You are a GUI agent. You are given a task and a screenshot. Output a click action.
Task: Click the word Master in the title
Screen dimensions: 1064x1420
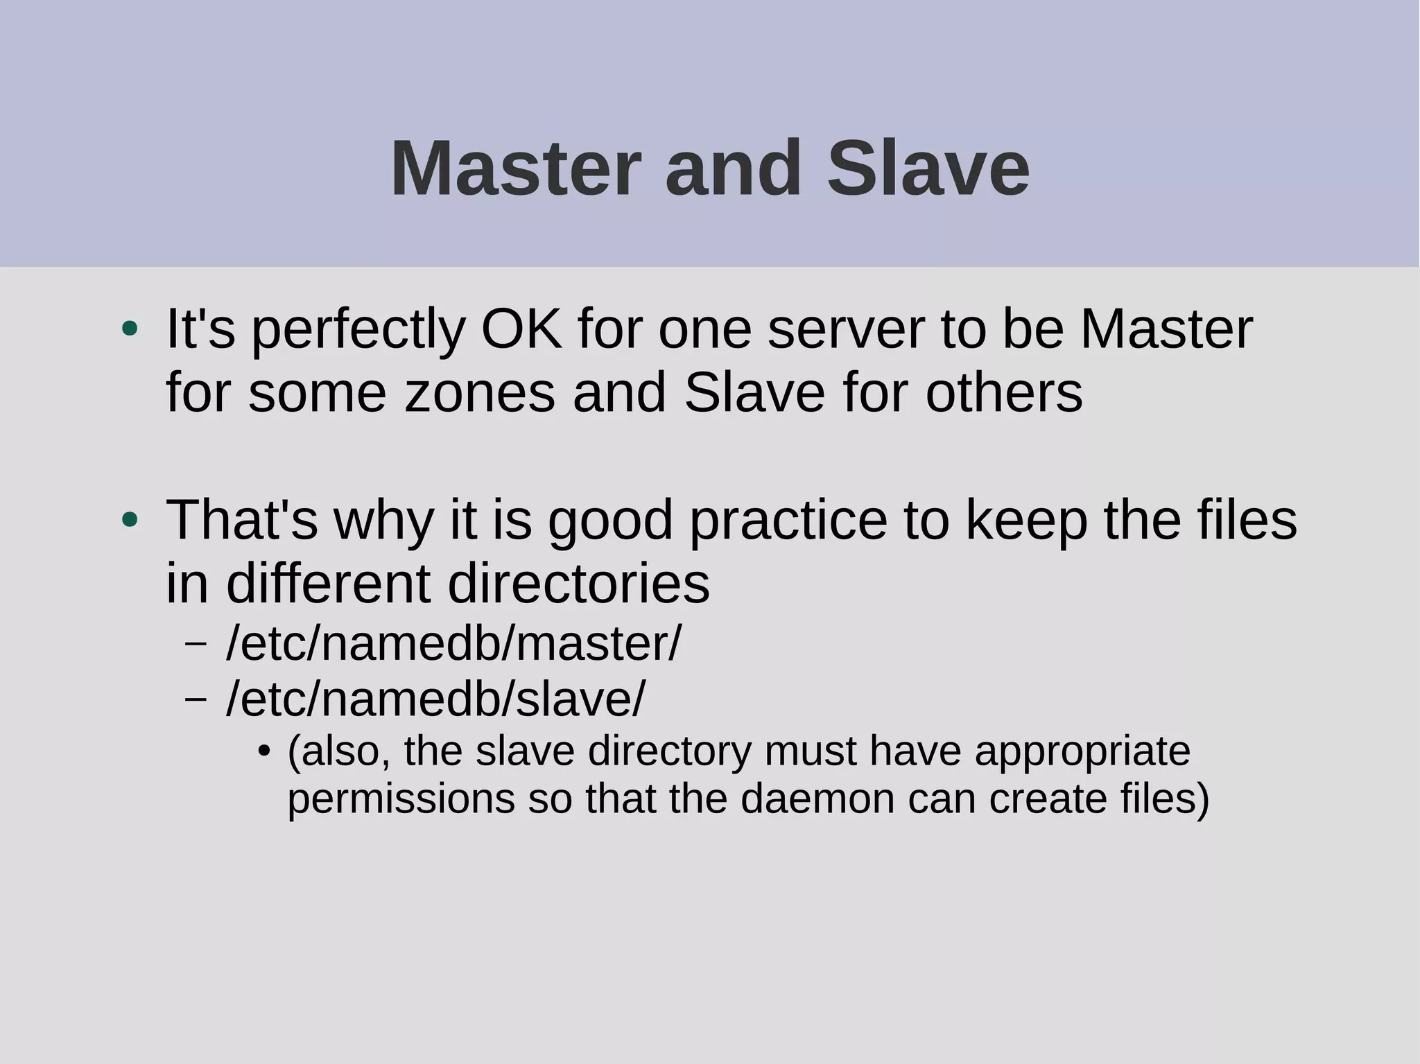tap(513, 169)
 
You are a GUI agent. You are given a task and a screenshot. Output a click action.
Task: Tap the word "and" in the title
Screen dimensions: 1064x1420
tap(733, 169)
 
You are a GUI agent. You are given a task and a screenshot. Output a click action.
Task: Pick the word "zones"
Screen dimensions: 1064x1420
tap(480, 393)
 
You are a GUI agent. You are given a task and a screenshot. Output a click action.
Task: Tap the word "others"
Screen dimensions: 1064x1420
tap(1003, 393)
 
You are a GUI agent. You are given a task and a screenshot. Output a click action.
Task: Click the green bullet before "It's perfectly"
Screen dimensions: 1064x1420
tap(130, 329)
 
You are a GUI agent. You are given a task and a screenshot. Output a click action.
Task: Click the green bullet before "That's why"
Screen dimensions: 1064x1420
tap(130, 520)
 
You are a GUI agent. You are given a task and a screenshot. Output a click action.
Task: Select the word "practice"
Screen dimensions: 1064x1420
tap(788, 521)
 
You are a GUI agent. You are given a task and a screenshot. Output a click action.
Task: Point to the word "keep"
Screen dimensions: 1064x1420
tap(1026, 521)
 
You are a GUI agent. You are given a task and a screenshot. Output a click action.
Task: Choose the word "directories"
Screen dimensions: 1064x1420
tap(579, 584)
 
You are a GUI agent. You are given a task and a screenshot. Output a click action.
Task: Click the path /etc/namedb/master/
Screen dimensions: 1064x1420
tap(454, 643)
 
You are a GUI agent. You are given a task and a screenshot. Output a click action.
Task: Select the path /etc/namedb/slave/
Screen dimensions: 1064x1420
tap(435, 699)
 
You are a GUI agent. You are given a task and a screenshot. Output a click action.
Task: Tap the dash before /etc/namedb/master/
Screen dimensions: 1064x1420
tap(196, 643)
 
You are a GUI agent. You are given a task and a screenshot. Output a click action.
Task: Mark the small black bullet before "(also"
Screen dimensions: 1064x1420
tap(263, 751)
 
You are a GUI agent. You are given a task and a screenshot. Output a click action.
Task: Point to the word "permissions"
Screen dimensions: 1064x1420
tap(401, 799)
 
